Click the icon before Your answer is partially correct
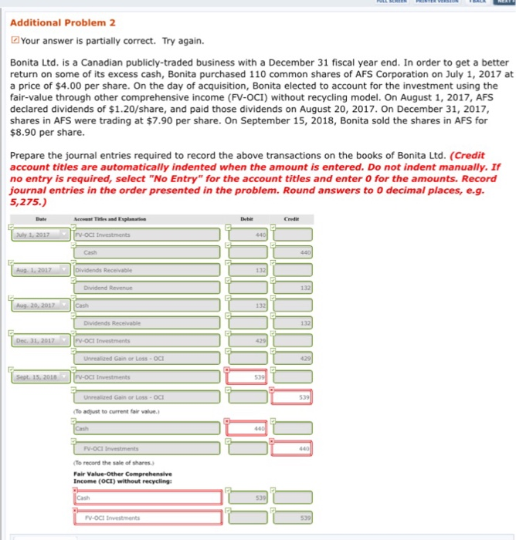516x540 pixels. [15, 41]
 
